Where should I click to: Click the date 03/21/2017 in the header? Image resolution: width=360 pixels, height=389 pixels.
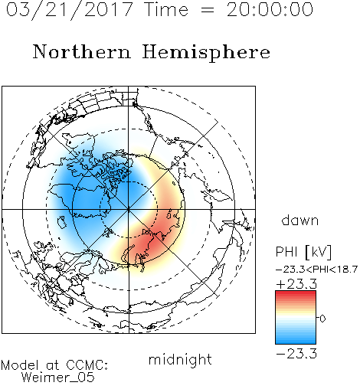[69, 10]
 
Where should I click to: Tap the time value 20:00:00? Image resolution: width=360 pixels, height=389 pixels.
[270, 9]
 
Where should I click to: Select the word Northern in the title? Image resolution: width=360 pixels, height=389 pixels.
[82, 51]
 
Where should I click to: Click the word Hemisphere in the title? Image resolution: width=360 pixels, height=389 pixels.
[206, 53]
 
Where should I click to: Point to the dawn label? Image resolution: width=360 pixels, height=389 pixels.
[300, 221]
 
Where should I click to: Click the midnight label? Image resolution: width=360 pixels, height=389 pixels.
[180, 359]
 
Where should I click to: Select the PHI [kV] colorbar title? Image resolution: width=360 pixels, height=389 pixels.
[304, 252]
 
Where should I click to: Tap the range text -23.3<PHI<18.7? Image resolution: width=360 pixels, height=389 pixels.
[316, 270]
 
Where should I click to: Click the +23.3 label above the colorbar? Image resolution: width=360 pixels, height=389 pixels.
[296, 284]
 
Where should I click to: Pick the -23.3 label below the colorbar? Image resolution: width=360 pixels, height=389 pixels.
[296, 354]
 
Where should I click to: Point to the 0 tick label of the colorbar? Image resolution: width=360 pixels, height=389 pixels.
[322, 319]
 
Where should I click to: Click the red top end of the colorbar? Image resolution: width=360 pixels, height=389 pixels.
[296, 293]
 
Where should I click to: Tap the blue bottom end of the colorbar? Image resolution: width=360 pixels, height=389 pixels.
[296, 342]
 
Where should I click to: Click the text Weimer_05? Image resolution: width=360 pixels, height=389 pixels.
[58, 377]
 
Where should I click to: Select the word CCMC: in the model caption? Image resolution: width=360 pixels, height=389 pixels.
[87, 365]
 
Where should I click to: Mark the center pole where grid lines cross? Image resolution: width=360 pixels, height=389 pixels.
[129, 209]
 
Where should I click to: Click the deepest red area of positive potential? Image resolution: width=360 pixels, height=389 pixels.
[150, 239]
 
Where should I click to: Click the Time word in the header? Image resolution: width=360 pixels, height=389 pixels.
[166, 9]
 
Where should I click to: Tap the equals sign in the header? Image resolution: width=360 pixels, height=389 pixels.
[208, 10]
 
